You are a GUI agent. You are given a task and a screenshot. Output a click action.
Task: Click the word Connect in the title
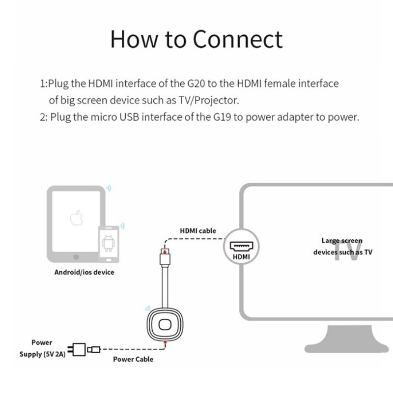(x=238, y=38)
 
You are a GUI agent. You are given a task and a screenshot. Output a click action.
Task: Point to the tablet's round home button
(x=76, y=256)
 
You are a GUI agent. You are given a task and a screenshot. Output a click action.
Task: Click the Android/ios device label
(x=84, y=272)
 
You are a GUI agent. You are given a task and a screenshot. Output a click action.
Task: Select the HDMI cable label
(x=198, y=230)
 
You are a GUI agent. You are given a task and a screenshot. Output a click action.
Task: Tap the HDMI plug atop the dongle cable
(x=164, y=256)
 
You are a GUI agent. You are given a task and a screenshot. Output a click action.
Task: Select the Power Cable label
(x=133, y=359)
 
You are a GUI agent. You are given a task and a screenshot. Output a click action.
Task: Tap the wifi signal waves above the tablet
(x=109, y=187)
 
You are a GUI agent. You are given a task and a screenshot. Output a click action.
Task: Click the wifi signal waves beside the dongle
(x=147, y=309)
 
